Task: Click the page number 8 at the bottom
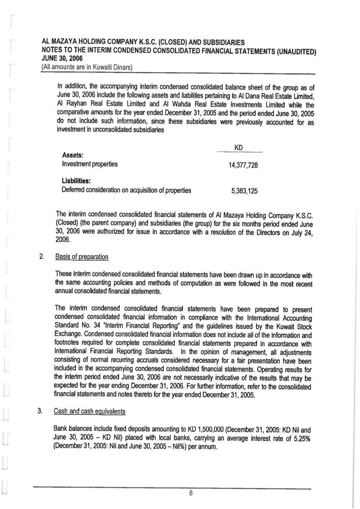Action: pyautogui.click(x=190, y=493)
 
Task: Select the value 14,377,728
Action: pyautogui.click(x=243, y=165)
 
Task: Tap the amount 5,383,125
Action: pyautogui.click(x=244, y=191)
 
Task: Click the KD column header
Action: pyautogui.click(x=239, y=148)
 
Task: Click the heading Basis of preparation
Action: pyautogui.click(x=82, y=257)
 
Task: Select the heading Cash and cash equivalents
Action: pyautogui.click(x=90, y=411)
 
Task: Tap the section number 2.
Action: pyautogui.click(x=41, y=257)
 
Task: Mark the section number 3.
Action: pyautogui.click(x=40, y=411)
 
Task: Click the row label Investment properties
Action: pyautogui.click(x=90, y=164)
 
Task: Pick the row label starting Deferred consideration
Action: pyautogui.click(x=126, y=190)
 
